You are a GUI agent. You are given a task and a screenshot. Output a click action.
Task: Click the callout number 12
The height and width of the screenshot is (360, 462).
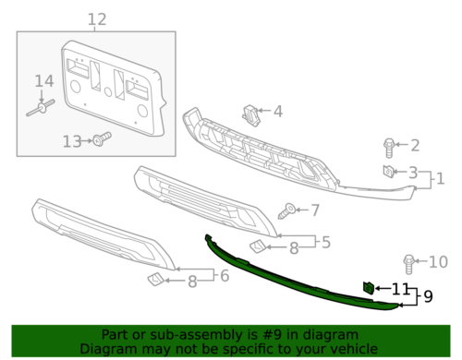(x=97, y=19)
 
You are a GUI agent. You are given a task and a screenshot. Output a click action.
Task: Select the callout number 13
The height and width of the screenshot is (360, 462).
(x=72, y=141)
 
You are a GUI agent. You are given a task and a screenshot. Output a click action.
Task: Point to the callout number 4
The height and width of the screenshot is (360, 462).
(x=277, y=113)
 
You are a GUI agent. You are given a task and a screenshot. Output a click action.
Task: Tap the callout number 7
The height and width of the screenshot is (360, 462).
(x=314, y=210)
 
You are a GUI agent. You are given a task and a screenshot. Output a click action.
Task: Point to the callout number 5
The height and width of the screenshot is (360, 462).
(x=325, y=242)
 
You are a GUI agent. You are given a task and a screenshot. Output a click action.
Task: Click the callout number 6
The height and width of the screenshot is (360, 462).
(x=224, y=274)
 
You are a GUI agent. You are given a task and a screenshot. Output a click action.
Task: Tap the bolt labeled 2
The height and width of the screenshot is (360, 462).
(x=389, y=146)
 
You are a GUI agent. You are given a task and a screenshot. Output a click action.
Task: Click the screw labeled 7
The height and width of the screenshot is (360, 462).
(x=289, y=210)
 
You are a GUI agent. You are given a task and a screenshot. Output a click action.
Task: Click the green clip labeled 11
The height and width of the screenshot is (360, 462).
(x=368, y=288)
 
